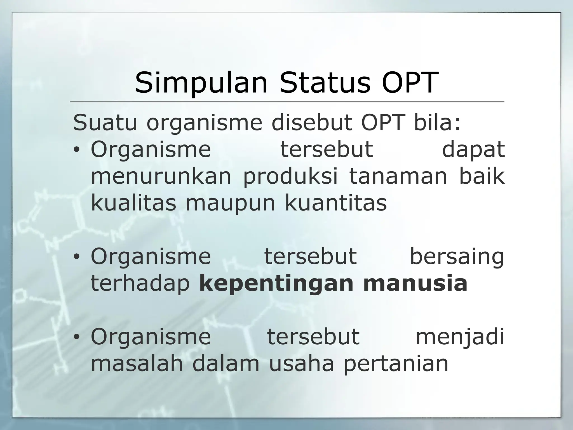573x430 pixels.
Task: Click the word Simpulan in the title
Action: pyautogui.click(x=201, y=83)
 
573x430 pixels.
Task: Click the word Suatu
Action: pyautogui.click(x=105, y=123)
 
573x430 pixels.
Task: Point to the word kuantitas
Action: pyautogui.click(x=336, y=203)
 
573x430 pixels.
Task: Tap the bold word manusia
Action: pyautogui.click(x=415, y=284)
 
